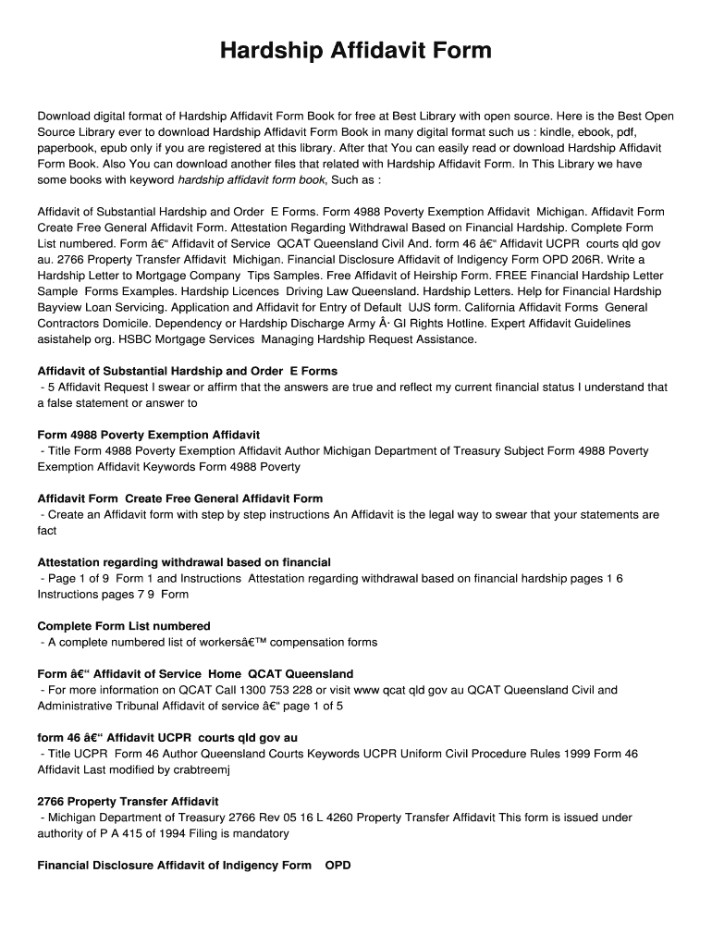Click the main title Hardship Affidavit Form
pyautogui.click(x=356, y=50)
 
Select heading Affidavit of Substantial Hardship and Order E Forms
pyautogui.click(x=187, y=371)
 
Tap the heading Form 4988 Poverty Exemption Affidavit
pyautogui.click(x=148, y=435)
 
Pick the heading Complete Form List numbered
pyautogui.click(x=124, y=626)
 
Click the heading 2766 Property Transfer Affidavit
pyautogui.click(x=128, y=801)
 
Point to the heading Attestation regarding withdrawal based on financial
pyautogui.click(x=184, y=562)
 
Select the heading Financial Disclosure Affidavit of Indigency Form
pyautogui.click(x=174, y=866)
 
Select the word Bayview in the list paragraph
pyautogui.click(x=60, y=307)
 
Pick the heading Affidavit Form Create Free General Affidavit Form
pyautogui.click(x=179, y=498)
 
